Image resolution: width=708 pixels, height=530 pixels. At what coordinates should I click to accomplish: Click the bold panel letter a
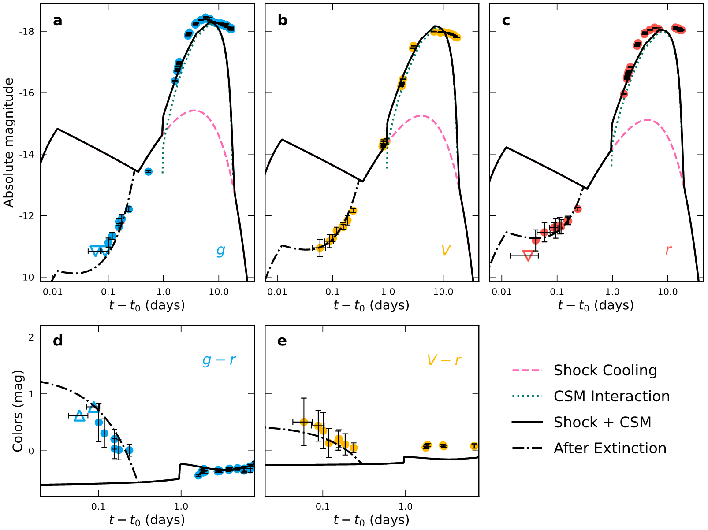click(x=58, y=21)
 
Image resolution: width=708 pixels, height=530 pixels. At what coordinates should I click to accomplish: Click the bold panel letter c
click(x=506, y=21)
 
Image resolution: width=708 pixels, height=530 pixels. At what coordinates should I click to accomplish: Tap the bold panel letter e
click(x=282, y=341)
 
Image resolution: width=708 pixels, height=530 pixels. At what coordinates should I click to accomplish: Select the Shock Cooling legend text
click(x=605, y=371)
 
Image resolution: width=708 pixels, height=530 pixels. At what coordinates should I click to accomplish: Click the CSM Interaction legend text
click(x=611, y=397)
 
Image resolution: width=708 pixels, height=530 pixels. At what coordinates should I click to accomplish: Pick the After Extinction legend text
click(x=610, y=448)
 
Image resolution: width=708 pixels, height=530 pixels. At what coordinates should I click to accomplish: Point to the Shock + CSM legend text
click(x=602, y=423)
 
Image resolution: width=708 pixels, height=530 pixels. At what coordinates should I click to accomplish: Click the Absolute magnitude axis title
click(x=9, y=142)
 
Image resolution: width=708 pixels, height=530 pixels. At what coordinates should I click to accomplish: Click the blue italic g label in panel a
click(x=220, y=250)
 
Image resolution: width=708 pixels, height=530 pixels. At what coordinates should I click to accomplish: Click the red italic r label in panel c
click(x=668, y=250)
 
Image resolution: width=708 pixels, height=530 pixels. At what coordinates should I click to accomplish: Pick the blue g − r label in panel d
click(x=219, y=360)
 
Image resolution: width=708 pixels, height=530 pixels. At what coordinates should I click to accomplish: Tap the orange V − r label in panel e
click(x=443, y=360)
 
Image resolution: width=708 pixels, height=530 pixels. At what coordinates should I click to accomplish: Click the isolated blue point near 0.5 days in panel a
click(x=148, y=171)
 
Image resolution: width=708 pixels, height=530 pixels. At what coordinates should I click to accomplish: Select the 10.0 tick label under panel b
click(x=443, y=292)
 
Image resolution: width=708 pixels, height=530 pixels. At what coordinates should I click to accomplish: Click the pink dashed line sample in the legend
click(x=527, y=371)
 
